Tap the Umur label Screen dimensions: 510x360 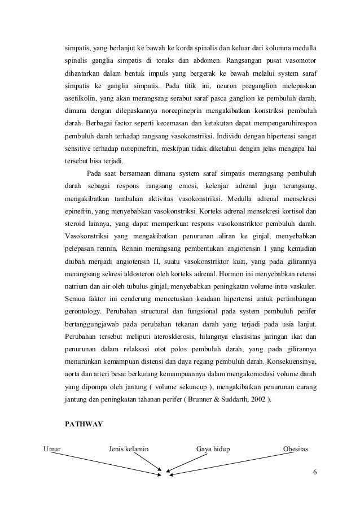pyautogui.click(x=52, y=450)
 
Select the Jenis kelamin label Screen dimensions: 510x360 pyautogui.click(x=129, y=450)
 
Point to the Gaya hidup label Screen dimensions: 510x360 pyautogui.click(x=217, y=450)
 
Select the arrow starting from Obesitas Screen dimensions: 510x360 pyautogui.click(x=237, y=465)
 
